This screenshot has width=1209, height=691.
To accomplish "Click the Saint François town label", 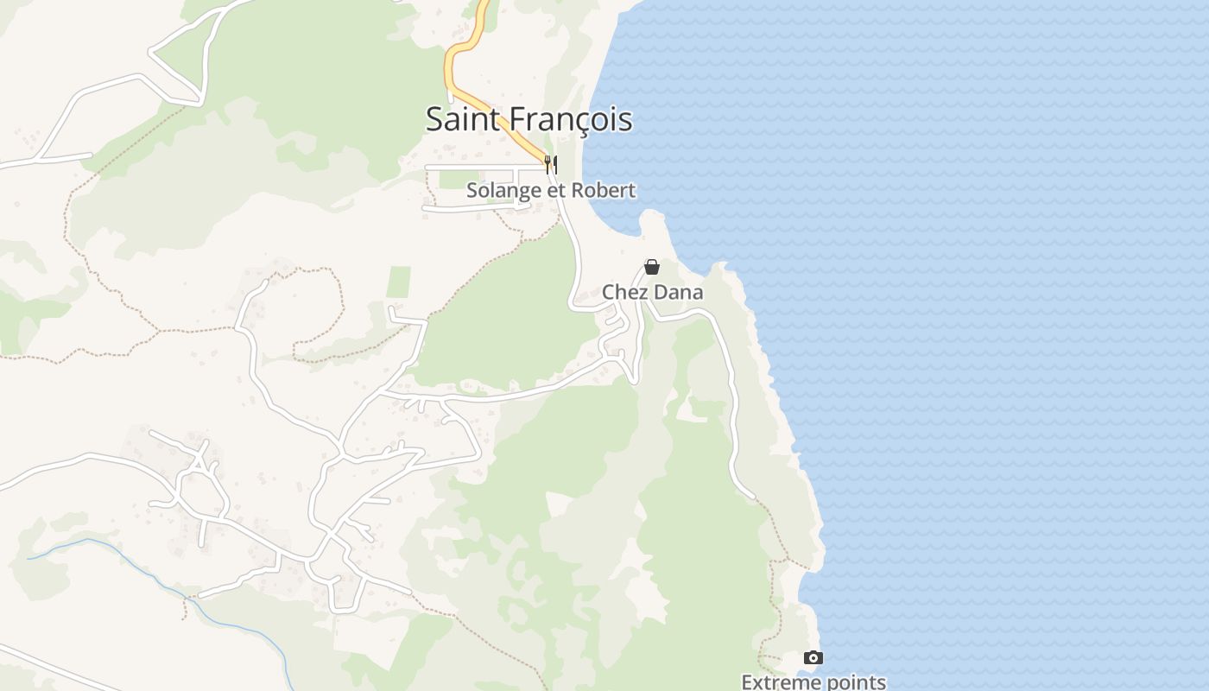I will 529,119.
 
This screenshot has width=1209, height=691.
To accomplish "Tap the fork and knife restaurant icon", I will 550,162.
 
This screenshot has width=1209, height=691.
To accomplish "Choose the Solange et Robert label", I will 551,190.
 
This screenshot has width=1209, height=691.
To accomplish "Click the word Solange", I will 499,190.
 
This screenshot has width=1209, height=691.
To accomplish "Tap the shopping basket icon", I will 652,268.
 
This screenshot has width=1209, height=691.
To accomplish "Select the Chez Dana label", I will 652,293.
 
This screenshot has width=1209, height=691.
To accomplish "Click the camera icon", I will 813,658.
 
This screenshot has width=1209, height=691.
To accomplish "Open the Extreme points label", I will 813,682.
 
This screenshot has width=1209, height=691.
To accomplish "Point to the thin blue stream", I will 138,563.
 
